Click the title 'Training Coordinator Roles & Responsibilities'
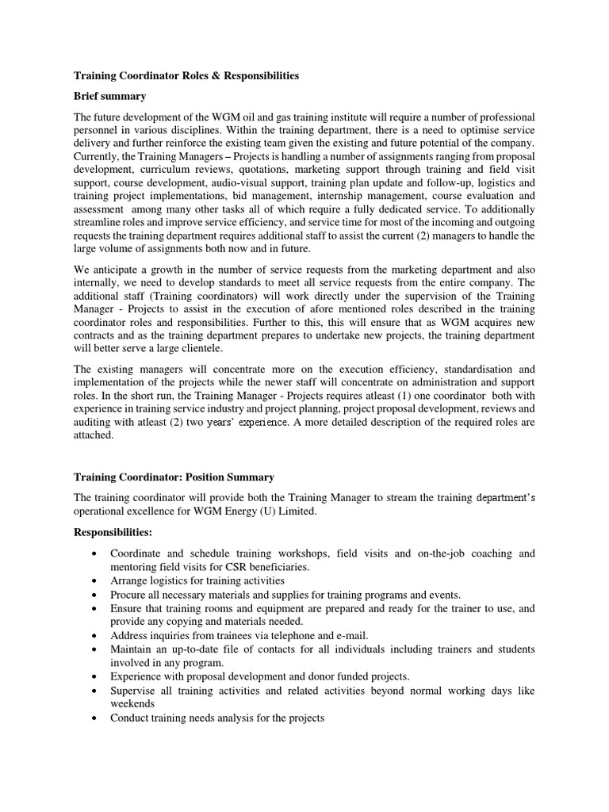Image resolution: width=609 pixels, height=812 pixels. [186, 76]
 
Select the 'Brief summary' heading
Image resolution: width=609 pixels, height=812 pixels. [109, 96]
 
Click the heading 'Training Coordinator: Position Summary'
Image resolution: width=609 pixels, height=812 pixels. [174, 477]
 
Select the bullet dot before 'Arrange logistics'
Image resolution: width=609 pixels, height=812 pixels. [95, 581]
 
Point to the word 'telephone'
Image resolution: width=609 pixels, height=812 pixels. [289, 635]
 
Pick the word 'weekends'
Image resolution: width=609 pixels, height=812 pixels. [132, 703]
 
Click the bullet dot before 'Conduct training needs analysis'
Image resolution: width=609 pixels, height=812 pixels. [95, 718]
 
